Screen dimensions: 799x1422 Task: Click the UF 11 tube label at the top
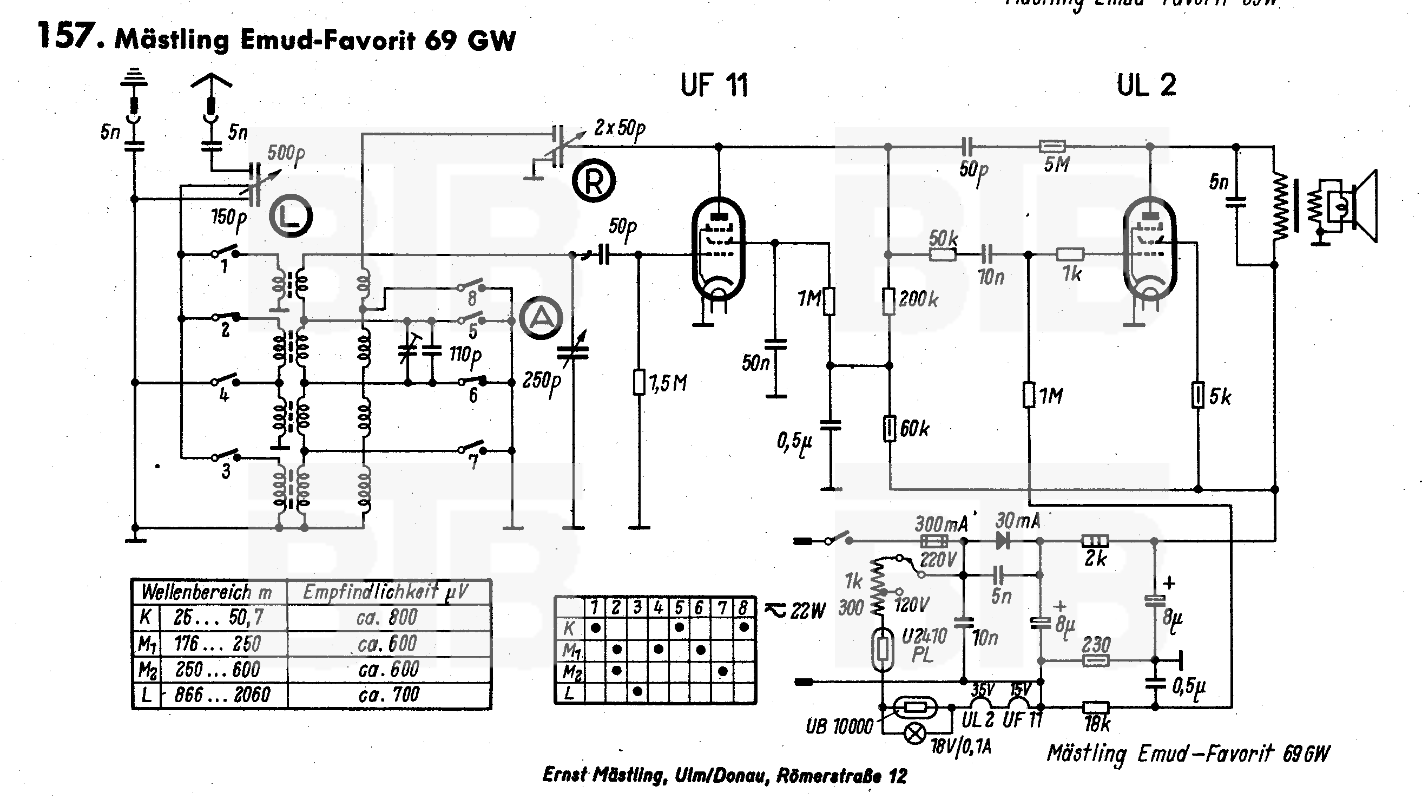714,86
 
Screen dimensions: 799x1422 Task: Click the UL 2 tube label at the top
1146,86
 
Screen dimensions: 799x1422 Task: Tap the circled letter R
594,181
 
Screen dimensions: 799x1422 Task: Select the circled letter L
291,216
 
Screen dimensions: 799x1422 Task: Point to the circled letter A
542,318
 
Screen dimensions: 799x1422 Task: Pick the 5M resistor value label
1057,164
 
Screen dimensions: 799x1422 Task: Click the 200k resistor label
919,299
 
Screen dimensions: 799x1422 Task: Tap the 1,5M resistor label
668,383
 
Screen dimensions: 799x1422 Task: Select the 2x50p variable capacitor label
620,129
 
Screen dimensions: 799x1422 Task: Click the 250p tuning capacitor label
542,381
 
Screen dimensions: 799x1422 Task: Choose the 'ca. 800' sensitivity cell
387,617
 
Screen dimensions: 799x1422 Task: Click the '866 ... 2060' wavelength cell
222,695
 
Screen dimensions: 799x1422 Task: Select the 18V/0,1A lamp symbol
915,734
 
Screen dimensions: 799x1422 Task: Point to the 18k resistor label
1096,724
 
